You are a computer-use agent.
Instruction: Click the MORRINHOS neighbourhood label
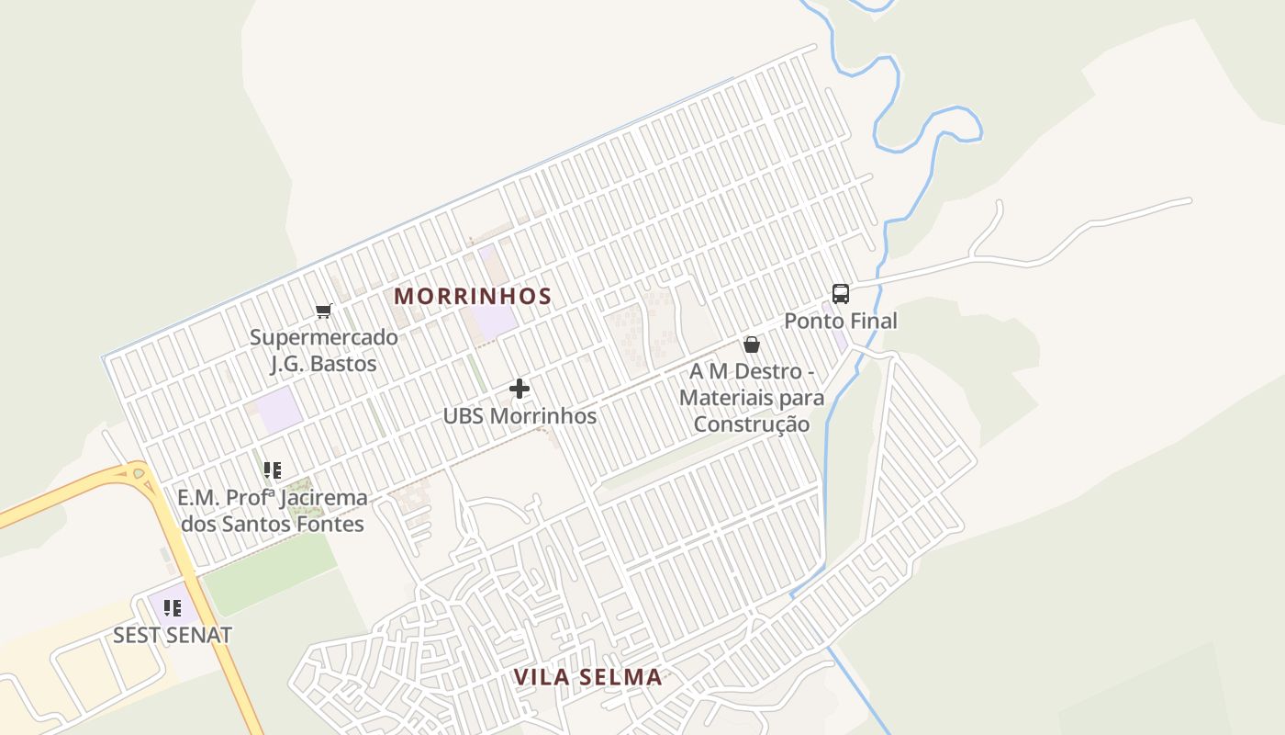click(x=473, y=296)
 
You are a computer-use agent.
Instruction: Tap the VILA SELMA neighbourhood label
click(x=587, y=677)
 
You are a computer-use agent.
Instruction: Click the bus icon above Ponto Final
click(x=840, y=294)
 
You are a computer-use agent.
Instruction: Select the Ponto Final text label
click(x=840, y=321)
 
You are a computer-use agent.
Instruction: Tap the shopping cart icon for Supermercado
click(x=323, y=311)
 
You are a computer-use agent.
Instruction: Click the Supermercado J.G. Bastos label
click(x=324, y=350)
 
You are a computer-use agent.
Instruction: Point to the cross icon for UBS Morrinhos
click(x=520, y=389)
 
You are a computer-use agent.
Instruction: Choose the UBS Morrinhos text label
click(x=520, y=416)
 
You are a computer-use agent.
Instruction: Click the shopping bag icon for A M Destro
click(x=752, y=345)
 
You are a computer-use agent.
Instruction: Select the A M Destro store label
click(x=752, y=398)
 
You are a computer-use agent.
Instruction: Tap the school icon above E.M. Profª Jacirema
click(x=273, y=470)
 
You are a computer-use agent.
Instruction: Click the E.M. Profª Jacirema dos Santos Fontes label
click(x=273, y=511)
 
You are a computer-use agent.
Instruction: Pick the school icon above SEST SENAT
click(x=173, y=607)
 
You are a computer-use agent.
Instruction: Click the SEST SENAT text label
click(x=173, y=635)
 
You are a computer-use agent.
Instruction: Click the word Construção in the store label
click(x=752, y=424)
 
